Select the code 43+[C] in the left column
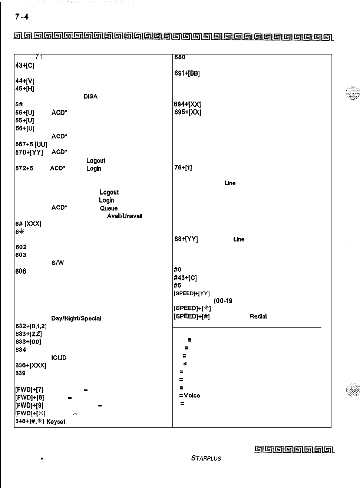(25, 65)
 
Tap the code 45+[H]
(25, 89)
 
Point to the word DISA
(90, 97)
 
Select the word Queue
(109, 208)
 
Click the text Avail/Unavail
(125, 216)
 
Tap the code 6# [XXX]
(28, 224)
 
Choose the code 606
(21, 271)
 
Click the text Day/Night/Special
(76, 318)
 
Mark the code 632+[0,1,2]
(31, 326)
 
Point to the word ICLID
(59, 358)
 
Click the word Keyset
(56, 422)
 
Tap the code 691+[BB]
(187, 73)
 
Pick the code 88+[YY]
(186, 239)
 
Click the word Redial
(258, 316)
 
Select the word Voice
(192, 395)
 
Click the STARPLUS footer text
(206, 458)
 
